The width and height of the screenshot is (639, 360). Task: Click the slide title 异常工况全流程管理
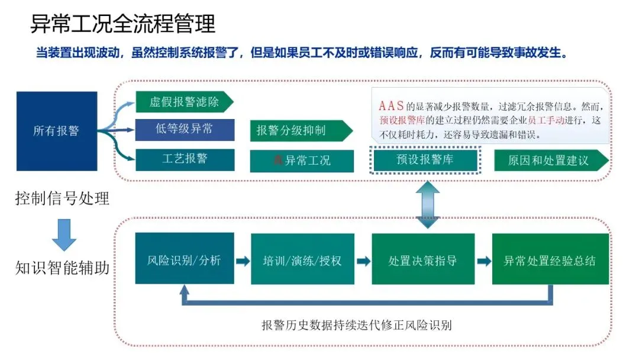pyautogui.click(x=123, y=24)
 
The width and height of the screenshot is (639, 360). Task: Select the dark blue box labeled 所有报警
pyautogui.click(x=57, y=131)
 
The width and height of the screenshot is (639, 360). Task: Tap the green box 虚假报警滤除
pyautogui.click(x=183, y=101)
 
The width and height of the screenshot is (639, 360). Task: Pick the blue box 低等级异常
pyautogui.click(x=185, y=130)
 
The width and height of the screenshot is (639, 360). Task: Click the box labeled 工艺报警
pyautogui.click(x=185, y=159)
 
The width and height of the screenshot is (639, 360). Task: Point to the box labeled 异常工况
pyautogui.click(x=302, y=160)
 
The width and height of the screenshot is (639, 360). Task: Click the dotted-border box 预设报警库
pyautogui.click(x=425, y=159)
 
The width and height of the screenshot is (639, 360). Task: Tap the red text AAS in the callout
pyautogui.click(x=392, y=107)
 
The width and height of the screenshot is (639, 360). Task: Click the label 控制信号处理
pyautogui.click(x=62, y=199)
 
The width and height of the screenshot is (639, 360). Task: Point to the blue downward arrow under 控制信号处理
pyautogui.click(x=64, y=234)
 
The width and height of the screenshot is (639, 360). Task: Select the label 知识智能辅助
pyautogui.click(x=62, y=268)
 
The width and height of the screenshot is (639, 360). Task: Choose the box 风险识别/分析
pyautogui.click(x=184, y=260)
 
